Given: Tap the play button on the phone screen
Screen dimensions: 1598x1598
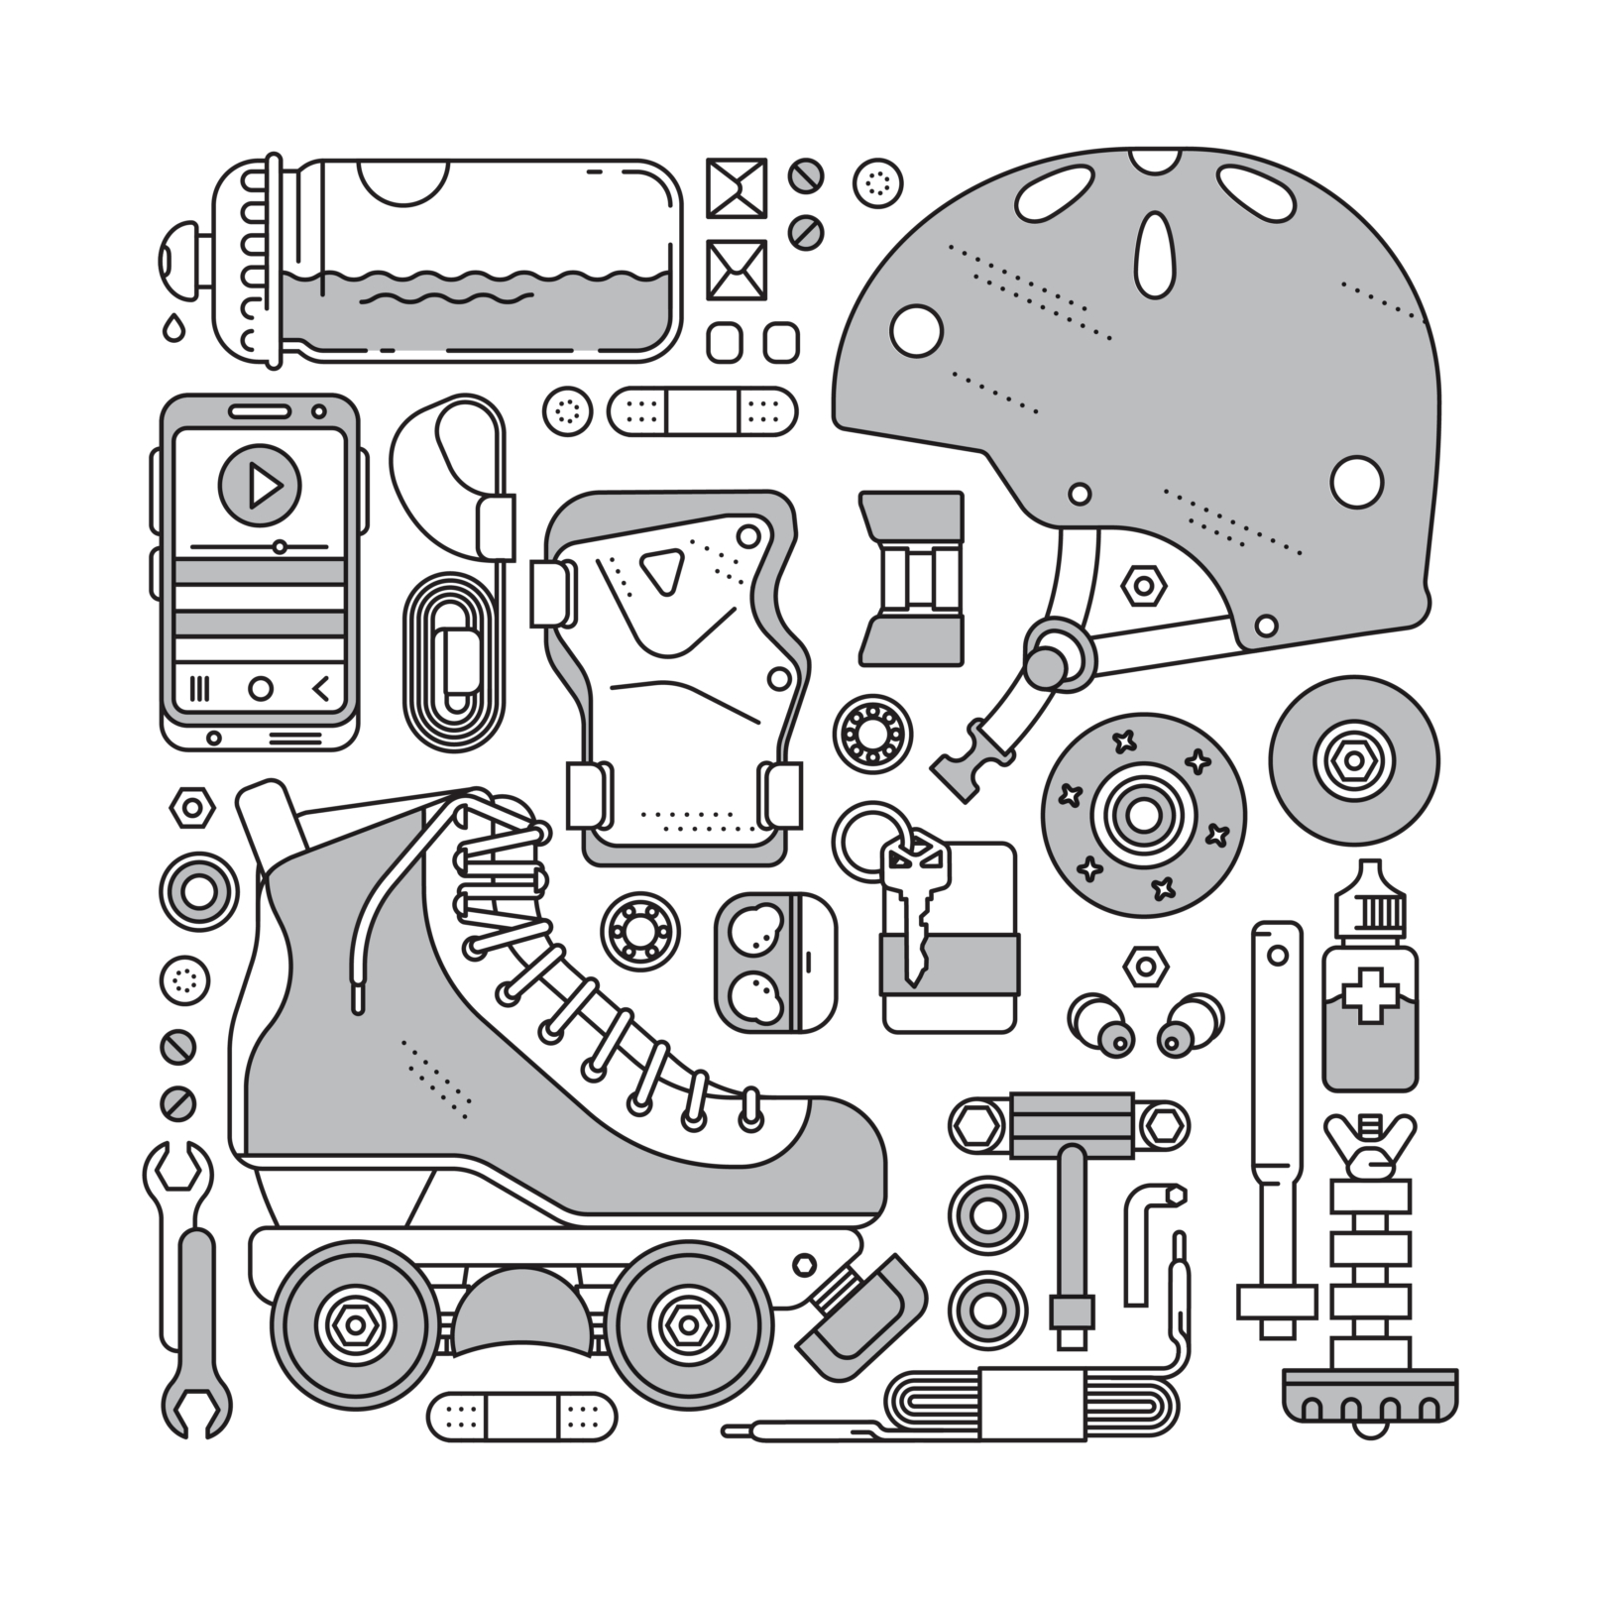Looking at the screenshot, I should pyautogui.click(x=260, y=485).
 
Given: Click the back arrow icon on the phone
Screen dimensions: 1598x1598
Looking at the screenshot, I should pyautogui.click(x=320, y=688).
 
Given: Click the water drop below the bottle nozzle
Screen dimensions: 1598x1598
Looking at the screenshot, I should pyautogui.click(x=174, y=327).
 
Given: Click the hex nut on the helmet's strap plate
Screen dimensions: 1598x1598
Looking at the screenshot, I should pyautogui.click(x=1143, y=586).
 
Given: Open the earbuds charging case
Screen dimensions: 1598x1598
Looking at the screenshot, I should pyautogui.click(x=774, y=961).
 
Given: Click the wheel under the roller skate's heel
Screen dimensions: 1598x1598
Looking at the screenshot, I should pyautogui.click(x=354, y=1323).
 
